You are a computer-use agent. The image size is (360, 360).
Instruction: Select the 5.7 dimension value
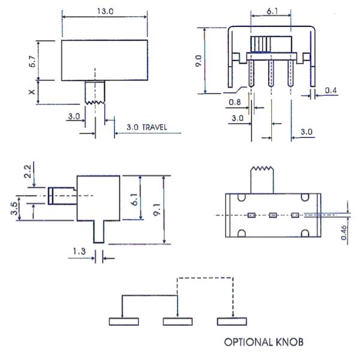pyautogui.click(x=32, y=60)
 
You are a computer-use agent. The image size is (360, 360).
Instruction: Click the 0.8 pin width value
pyautogui.click(x=236, y=103)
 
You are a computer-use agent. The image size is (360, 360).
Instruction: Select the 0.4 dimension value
pyautogui.click(x=330, y=91)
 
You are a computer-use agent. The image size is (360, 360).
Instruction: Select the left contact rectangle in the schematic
pyautogui.click(x=124, y=321)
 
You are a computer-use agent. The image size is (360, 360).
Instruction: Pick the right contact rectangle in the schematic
pyautogui.click(x=232, y=321)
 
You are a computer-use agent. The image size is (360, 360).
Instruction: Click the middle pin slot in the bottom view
pyautogui.click(x=272, y=214)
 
